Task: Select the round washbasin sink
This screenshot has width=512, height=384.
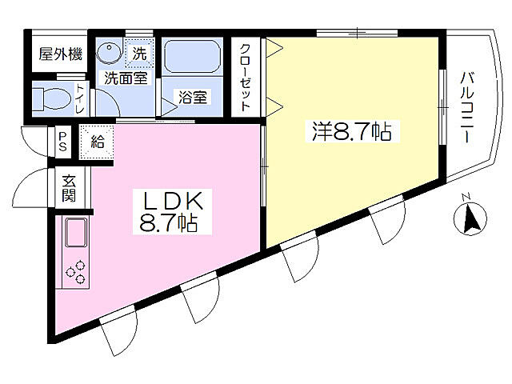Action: [x=106, y=54]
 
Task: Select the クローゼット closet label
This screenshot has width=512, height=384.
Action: [x=246, y=76]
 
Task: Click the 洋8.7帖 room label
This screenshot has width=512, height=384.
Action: [x=352, y=132]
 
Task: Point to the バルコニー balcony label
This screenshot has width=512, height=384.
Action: [x=467, y=108]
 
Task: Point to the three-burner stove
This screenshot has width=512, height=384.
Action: [x=78, y=273]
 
